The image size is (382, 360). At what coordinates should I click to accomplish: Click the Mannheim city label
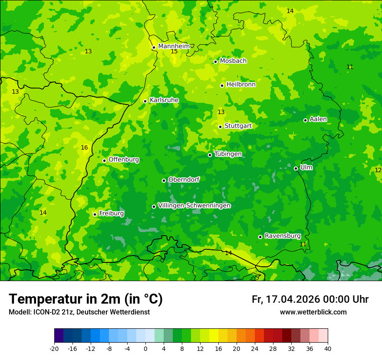[x=174, y=46]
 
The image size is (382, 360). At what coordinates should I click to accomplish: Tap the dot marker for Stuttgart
[x=221, y=127]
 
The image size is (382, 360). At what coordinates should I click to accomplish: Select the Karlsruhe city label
[x=164, y=100]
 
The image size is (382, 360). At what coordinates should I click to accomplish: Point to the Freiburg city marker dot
[x=95, y=214]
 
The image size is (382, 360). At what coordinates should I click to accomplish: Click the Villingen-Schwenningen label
[x=194, y=206]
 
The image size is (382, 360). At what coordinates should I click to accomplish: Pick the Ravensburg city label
[x=282, y=236]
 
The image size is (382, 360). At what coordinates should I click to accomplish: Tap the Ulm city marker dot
[x=296, y=168]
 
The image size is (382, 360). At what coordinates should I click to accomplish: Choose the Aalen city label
[x=318, y=119]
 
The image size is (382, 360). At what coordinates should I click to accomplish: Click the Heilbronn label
[x=240, y=85]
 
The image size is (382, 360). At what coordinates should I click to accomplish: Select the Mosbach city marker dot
[x=215, y=62]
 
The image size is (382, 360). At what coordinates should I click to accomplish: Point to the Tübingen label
[x=227, y=154]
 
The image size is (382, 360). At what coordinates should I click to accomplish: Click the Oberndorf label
[x=184, y=180]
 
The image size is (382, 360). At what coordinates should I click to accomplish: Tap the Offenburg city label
[x=123, y=160]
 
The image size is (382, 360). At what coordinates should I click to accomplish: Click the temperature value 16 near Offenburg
[x=84, y=148]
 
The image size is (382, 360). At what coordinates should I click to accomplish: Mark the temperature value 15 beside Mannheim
[x=174, y=52]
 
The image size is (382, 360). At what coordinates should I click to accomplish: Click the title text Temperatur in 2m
[x=86, y=299]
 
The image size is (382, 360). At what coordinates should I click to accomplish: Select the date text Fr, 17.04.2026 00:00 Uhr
[x=310, y=299]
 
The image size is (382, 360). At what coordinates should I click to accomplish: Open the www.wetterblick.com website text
[x=313, y=312]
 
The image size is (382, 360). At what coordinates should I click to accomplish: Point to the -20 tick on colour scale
[x=54, y=348]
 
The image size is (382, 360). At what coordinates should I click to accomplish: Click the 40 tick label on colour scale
[x=327, y=348]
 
